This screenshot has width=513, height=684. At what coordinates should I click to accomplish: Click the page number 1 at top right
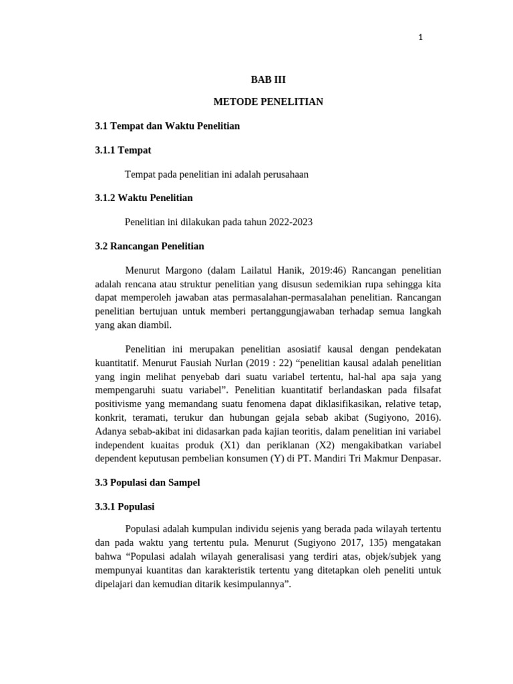[420, 37]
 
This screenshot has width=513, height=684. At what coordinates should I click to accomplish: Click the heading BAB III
[268, 79]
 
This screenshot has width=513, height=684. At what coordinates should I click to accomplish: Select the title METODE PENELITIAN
[268, 102]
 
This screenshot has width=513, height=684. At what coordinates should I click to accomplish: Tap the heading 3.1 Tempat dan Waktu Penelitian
[167, 126]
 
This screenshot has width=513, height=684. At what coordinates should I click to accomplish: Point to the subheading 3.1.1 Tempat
[123, 150]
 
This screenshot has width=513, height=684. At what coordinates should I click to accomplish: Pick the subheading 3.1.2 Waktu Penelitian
[144, 198]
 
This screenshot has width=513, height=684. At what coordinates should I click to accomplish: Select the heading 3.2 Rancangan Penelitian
[149, 246]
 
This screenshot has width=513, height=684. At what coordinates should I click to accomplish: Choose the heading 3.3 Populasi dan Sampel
[148, 482]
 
